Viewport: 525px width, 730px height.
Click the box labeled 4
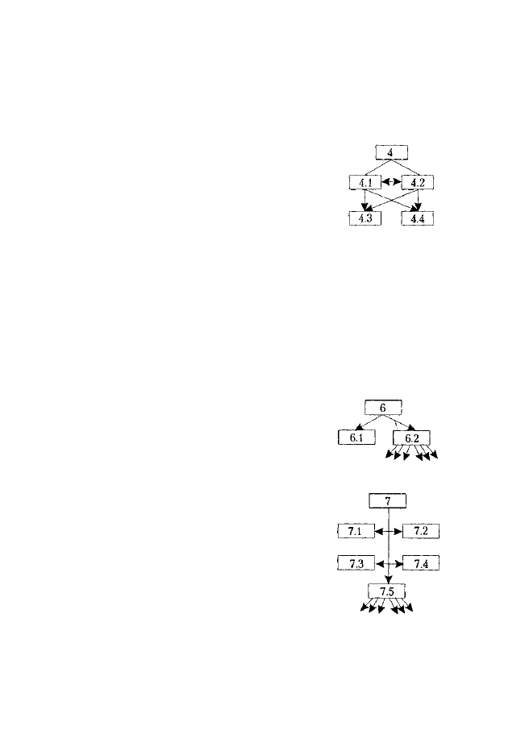pos(391,153)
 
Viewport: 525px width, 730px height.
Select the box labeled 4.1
pos(365,182)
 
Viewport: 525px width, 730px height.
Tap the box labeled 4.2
pos(418,182)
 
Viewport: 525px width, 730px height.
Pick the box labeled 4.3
pos(365,218)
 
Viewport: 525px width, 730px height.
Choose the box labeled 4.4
pos(418,218)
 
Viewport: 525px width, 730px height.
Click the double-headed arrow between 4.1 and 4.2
pos(391,182)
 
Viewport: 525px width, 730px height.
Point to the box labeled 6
pos(383,408)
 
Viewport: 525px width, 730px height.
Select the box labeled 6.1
pos(356,438)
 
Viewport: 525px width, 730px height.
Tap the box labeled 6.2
pos(411,438)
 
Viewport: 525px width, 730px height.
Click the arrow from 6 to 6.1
pos(369,422)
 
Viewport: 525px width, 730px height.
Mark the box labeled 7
pos(388,501)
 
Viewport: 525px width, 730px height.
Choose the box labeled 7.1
pos(356,531)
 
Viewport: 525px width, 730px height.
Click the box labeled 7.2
pos(421,531)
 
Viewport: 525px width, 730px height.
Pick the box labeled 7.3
pos(356,563)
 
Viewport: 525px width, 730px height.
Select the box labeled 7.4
pos(421,563)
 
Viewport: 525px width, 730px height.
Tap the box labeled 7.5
pos(386,591)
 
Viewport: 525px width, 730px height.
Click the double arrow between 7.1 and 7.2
pos(389,531)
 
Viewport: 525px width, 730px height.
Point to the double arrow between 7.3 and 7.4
pos(389,564)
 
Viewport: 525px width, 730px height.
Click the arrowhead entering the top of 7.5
pos(389,579)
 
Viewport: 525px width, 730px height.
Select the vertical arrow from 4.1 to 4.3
pos(365,201)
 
